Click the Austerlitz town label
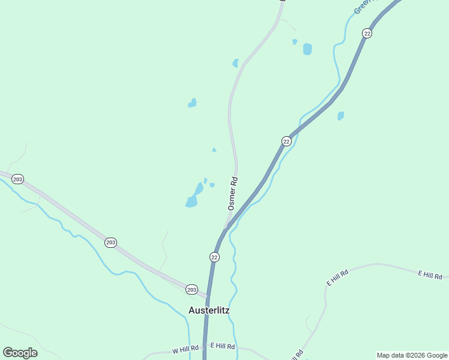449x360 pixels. (x=209, y=310)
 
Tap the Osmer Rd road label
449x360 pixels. (x=232, y=193)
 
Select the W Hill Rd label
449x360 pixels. (x=185, y=349)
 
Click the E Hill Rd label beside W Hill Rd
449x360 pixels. (x=222, y=346)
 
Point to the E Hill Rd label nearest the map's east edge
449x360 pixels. (x=430, y=275)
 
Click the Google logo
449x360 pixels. (x=20, y=353)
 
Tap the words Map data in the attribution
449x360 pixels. (x=390, y=355)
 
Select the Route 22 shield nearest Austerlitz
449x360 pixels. (x=214, y=257)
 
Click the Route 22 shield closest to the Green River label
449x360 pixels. (x=367, y=33)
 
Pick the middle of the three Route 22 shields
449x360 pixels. (x=286, y=141)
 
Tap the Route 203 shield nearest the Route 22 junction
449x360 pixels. (x=191, y=289)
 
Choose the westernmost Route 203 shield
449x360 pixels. (x=17, y=179)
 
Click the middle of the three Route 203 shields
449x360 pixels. (x=110, y=242)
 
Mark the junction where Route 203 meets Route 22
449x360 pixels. (x=208, y=296)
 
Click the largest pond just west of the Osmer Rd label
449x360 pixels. (x=192, y=201)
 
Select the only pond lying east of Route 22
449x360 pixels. (x=341, y=115)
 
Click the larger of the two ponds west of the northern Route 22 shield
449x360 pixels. (x=307, y=49)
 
